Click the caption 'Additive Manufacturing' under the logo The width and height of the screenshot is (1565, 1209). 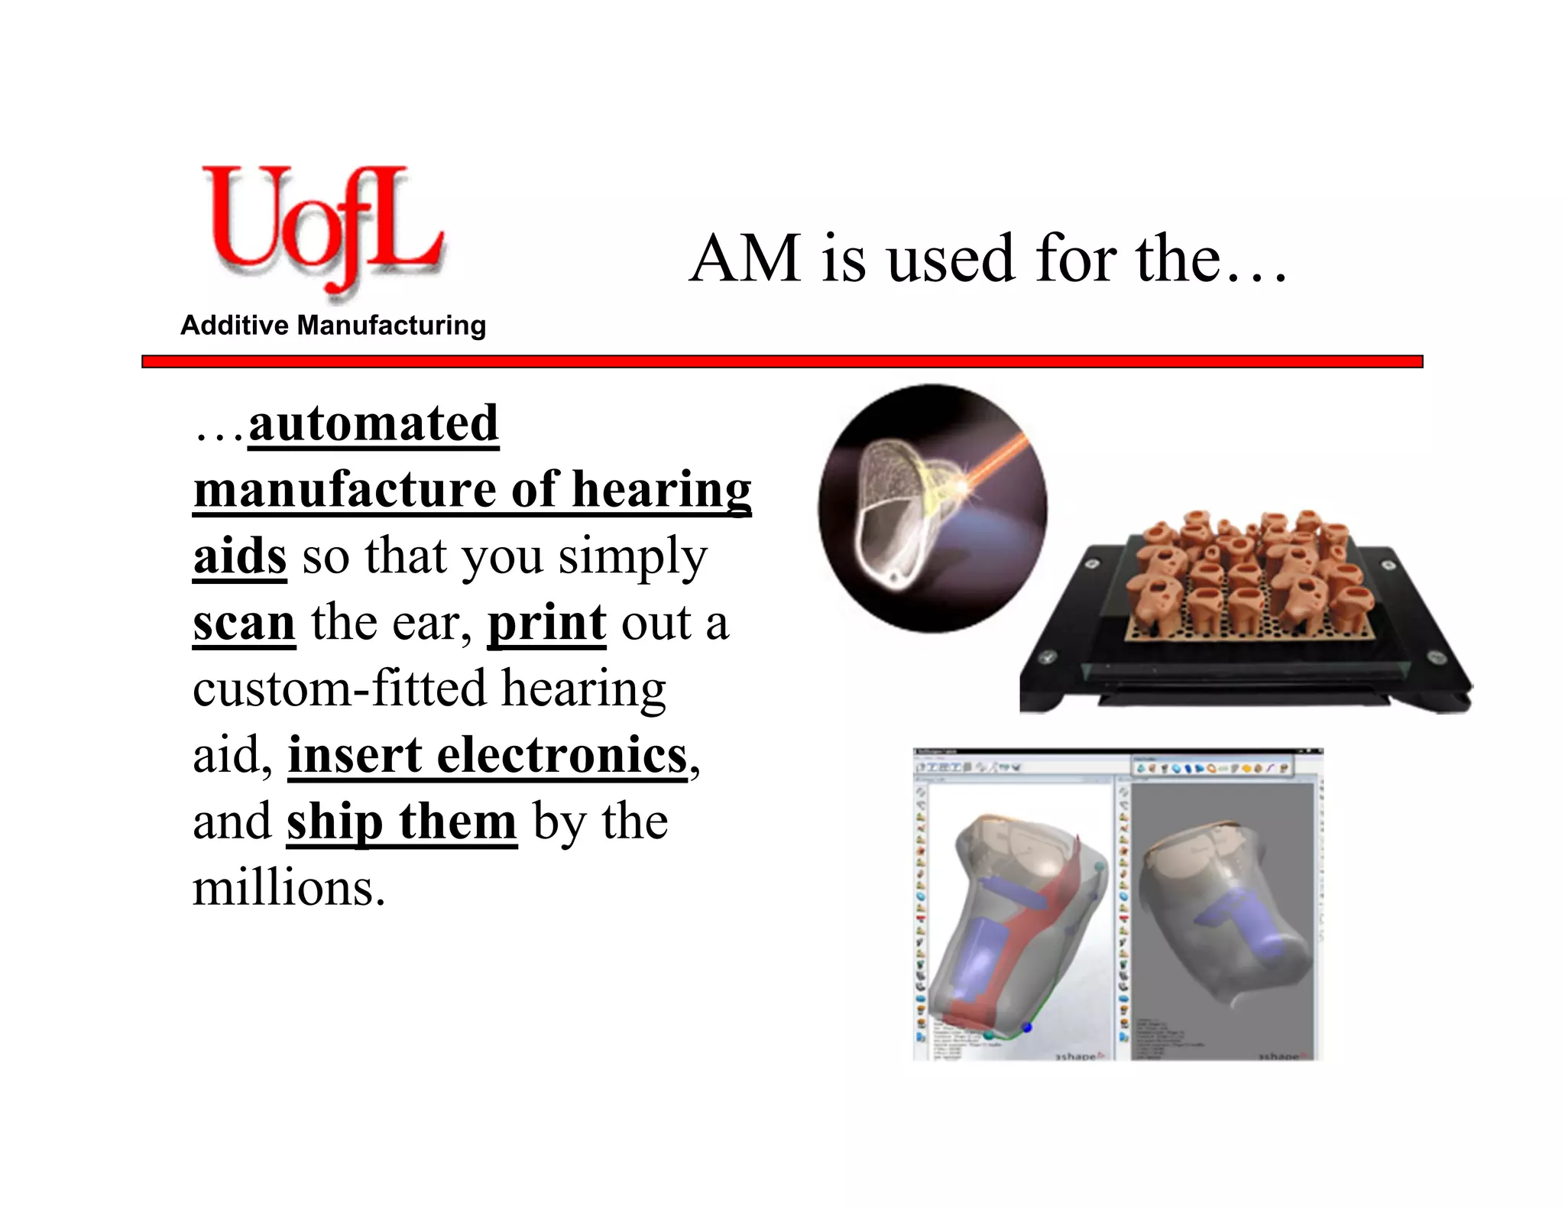(333, 326)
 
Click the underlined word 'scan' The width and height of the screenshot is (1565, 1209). (244, 622)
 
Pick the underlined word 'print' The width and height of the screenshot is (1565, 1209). (546, 622)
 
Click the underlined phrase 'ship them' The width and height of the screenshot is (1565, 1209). (402, 822)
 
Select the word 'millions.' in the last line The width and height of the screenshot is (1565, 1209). (289, 888)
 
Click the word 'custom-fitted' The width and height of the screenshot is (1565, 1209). (339, 689)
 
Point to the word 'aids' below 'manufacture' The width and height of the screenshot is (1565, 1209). (240, 556)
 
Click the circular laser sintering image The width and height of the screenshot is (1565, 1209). (932, 508)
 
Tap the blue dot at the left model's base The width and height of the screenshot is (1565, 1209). (1027, 1027)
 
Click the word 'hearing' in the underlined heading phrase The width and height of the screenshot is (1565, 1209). (662, 489)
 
